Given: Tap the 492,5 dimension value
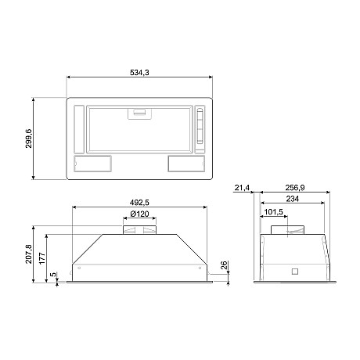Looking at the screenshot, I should (139, 203).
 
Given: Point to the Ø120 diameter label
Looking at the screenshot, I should (139, 214).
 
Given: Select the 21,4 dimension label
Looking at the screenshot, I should (242, 188).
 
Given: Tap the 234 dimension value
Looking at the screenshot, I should (291, 200).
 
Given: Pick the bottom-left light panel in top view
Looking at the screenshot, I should (92, 164).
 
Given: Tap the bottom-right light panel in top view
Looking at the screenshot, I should (186, 164).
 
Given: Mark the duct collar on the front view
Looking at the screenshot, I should (139, 229).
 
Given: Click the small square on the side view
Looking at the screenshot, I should (294, 272).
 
